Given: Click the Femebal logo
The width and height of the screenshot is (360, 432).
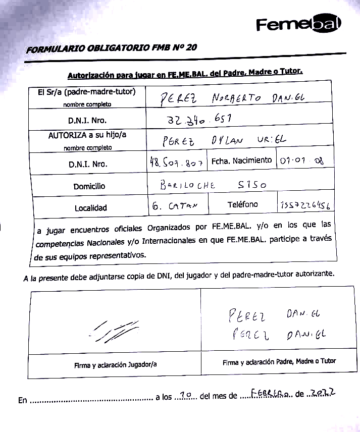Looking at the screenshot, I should (298, 24).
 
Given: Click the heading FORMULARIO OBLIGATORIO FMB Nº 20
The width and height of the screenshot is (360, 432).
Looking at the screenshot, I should (112, 48).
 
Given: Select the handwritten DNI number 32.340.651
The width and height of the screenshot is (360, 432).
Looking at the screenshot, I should (198, 120).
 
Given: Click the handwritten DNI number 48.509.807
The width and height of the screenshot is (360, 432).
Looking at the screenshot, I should (176, 163).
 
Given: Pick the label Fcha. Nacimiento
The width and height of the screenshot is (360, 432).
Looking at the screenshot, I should (241, 160).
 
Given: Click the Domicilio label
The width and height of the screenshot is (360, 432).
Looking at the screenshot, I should (89, 186).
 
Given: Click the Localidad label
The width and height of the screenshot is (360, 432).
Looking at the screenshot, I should (91, 207).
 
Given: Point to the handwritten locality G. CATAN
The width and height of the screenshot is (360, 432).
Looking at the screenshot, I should (172, 206).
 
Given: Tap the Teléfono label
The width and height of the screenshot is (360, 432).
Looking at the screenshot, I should (242, 204).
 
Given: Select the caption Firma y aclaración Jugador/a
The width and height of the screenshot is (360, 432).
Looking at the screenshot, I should (115, 364).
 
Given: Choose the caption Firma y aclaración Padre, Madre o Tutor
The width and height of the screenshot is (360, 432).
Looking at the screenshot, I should (279, 361).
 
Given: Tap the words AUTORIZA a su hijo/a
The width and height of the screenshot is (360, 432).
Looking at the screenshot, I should (87, 136).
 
